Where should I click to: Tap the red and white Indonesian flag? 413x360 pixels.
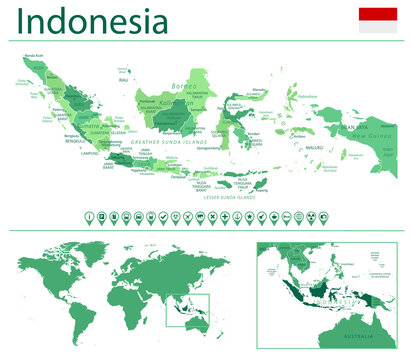pyautogui.click(x=378, y=20)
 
